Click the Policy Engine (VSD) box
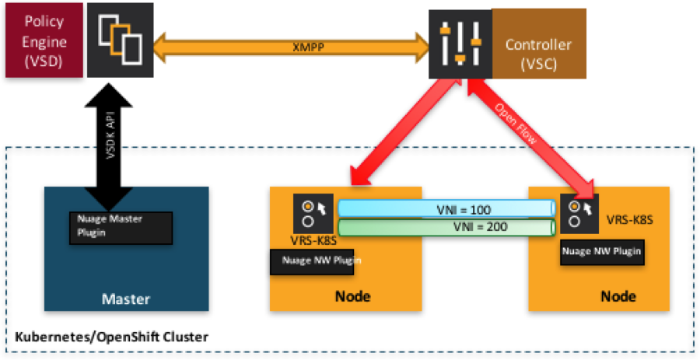pyautogui.click(x=43, y=40)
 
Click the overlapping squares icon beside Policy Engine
pyautogui.click(x=120, y=40)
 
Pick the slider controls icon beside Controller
pyautogui.click(x=460, y=44)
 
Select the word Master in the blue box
pyautogui.click(x=126, y=299)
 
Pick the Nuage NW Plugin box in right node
pyautogui.click(x=601, y=250)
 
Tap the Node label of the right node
pyautogui.click(x=618, y=296)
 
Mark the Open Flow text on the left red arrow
pyautogui.click(x=380, y=134)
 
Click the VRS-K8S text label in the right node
pyautogui.click(x=629, y=220)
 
